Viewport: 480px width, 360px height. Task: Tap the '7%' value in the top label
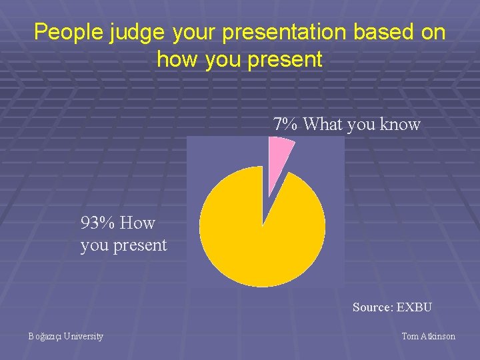[x=286, y=125]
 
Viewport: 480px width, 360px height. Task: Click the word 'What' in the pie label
[x=324, y=125]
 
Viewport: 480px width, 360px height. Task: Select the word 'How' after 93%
[x=139, y=223]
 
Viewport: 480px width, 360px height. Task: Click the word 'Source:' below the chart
[x=373, y=307]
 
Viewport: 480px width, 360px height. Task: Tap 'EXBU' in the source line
[x=414, y=307]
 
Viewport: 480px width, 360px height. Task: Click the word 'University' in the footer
[x=85, y=337]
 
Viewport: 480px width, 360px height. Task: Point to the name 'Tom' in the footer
[x=410, y=337]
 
